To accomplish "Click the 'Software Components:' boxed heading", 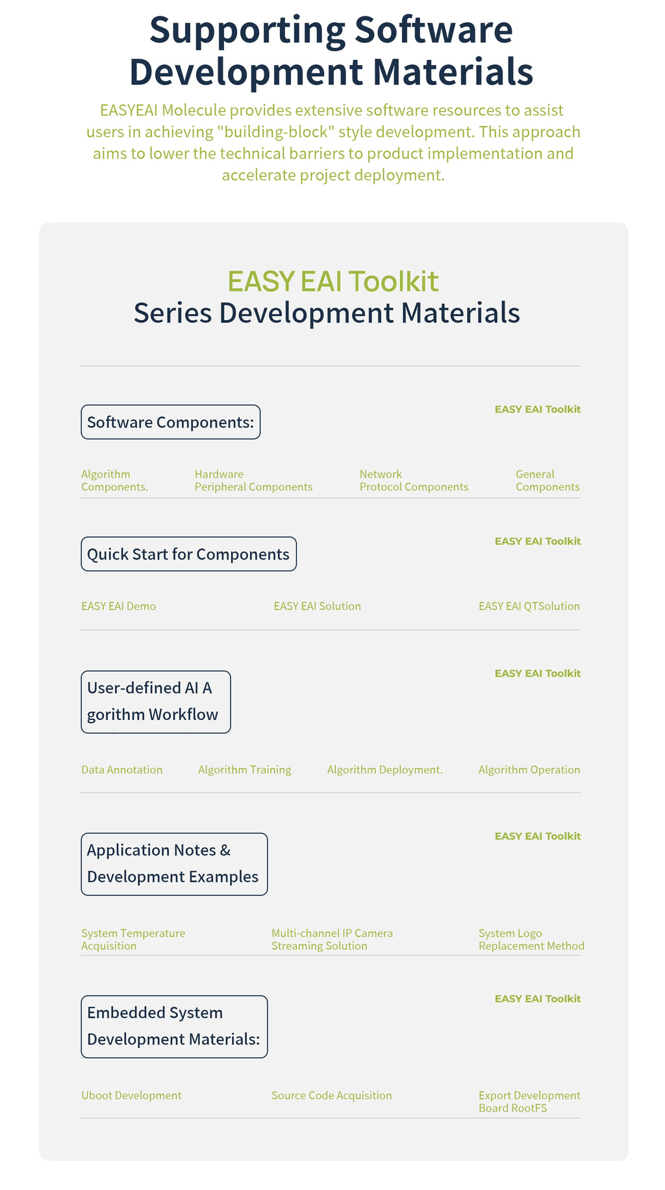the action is click(x=170, y=422).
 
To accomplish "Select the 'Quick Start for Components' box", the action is click(x=188, y=554).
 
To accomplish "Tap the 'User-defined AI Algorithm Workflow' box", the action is click(x=156, y=702).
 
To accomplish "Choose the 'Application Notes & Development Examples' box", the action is click(x=174, y=864).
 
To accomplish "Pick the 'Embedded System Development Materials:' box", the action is click(x=174, y=1026).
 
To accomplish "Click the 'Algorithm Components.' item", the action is click(x=114, y=480).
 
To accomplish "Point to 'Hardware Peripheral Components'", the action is click(x=253, y=480).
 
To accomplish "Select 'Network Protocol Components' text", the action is click(x=414, y=480).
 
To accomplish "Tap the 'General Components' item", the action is click(x=547, y=480).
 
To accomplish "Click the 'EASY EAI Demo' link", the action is click(x=118, y=606).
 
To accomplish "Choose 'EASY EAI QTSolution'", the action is click(x=529, y=606).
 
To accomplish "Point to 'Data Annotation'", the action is click(x=121, y=769).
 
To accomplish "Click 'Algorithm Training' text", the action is click(x=244, y=770).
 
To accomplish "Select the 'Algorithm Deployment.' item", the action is click(x=384, y=770).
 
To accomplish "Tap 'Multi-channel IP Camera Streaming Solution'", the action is click(x=332, y=939).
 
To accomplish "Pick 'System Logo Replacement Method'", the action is click(x=531, y=939).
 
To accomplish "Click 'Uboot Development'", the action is click(x=131, y=1095).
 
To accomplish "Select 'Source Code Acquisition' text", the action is click(x=331, y=1095).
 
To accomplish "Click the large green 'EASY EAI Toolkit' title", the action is click(x=332, y=281).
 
